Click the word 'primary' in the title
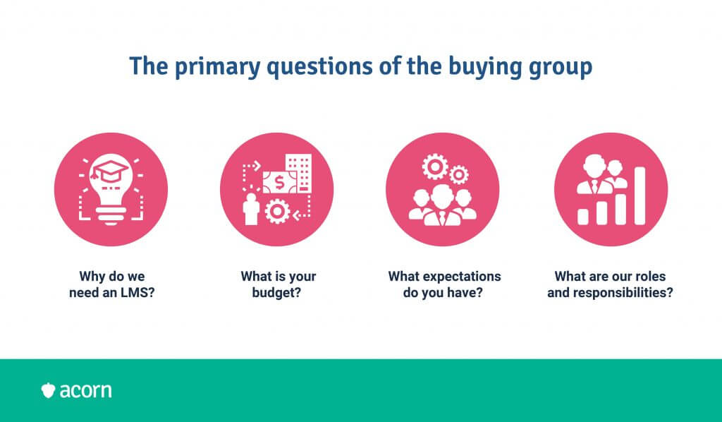[x=217, y=66]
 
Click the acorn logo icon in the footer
[x=48, y=391]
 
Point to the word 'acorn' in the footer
[x=85, y=391]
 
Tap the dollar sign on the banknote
[x=279, y=183]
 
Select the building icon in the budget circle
[x=298, y=173]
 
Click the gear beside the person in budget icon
[x=277, y=211]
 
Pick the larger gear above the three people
[x=434, y=167]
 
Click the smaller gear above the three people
[x=458, y=175]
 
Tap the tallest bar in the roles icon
[x=640, y=195]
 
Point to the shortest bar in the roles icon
[x=583, y=217]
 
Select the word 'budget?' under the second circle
[x=276, y=293]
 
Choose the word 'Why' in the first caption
[x=90, y=277]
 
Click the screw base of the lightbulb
[x=111, y=215]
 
